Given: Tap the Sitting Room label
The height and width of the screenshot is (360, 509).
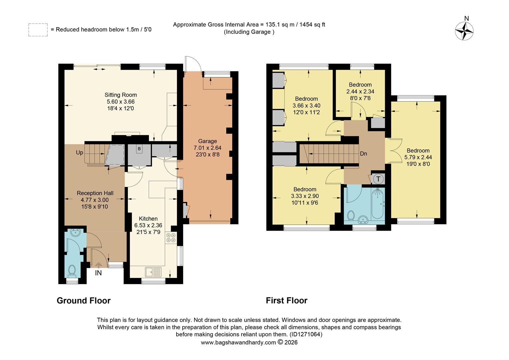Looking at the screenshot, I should [121, 95].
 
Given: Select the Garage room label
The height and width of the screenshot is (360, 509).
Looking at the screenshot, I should [207, 141].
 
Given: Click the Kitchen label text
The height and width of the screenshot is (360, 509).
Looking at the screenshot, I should [148, 219].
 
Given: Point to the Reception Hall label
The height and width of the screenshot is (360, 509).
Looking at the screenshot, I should [95, 193].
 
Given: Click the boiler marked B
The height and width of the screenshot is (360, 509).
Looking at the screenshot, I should [139, 149].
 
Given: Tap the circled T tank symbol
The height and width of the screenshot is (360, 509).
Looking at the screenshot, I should [378, 179].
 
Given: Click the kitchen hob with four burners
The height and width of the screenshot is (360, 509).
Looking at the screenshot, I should [171, 237].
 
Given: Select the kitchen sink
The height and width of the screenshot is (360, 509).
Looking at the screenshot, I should [153, 272].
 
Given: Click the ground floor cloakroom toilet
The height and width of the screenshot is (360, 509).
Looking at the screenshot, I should [72, 271].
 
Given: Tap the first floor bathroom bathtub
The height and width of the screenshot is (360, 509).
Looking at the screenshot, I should [378, 203].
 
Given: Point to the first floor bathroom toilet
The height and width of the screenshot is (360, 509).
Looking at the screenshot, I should [350, 216].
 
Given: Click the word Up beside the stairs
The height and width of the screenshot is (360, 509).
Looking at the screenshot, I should [80, 153].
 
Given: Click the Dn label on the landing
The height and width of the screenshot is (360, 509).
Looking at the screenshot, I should [363, 154].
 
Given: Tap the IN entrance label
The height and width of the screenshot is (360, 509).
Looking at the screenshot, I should [98, 273].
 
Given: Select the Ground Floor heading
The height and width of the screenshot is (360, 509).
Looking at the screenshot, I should [84, 301].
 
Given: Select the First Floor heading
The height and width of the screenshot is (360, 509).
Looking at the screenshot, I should [286, 301].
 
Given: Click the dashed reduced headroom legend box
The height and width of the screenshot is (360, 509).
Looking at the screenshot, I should [38, 30].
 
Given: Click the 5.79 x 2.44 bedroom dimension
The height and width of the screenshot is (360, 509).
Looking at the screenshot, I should [418, 157].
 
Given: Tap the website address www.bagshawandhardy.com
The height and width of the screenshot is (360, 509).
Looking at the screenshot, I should [238, 342].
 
